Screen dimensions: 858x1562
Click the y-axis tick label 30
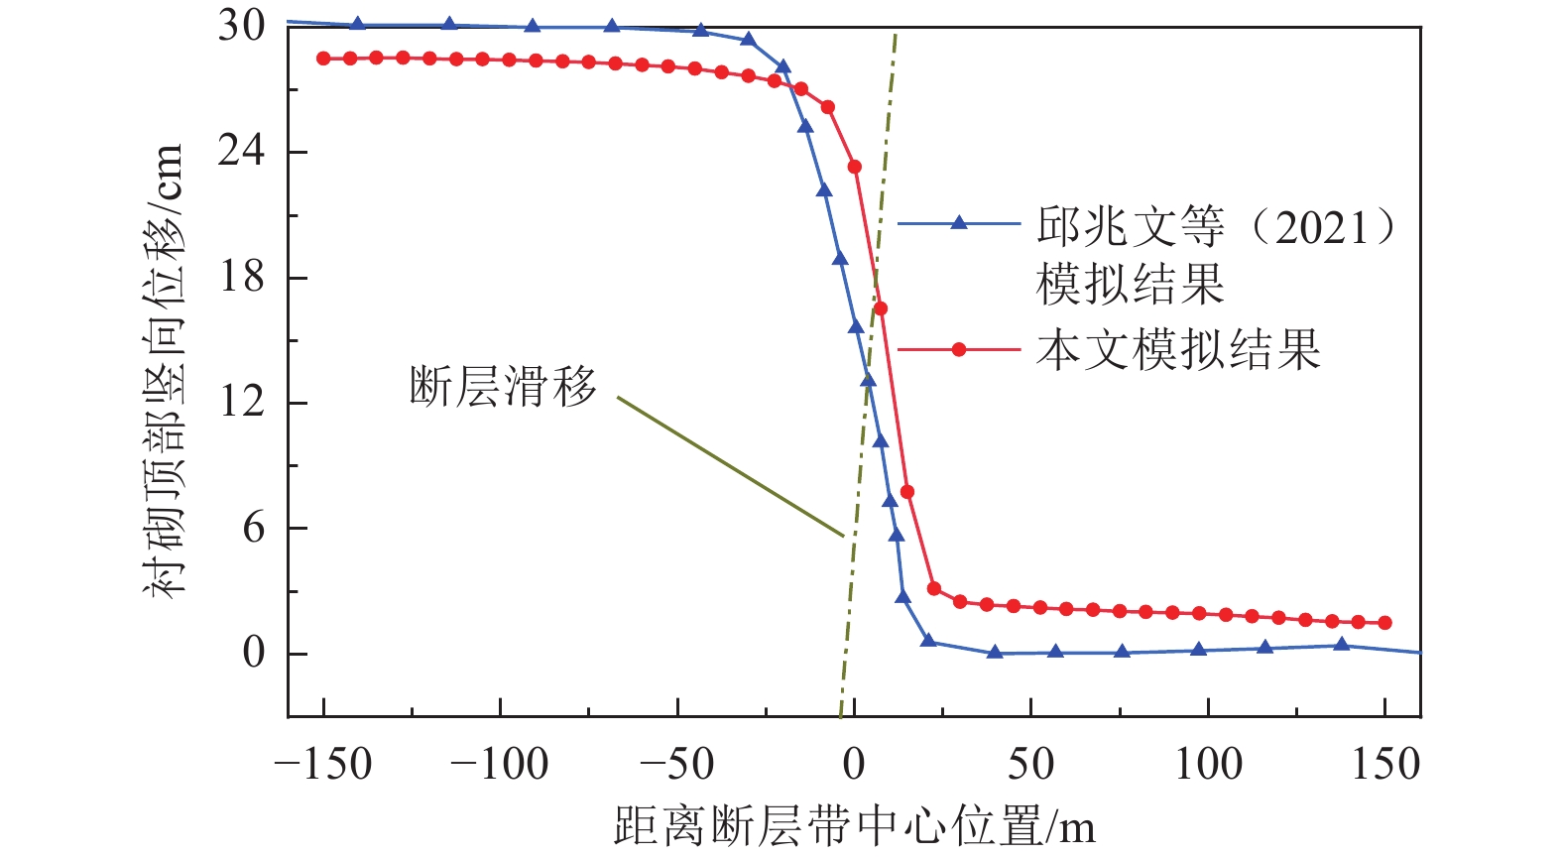tap(242, 26)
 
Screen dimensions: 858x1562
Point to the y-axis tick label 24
tap(242, 151)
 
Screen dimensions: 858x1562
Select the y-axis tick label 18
tap(242, 277)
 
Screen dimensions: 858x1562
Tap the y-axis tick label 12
tap(242, 402)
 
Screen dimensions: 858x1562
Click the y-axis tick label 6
tap(254, 528)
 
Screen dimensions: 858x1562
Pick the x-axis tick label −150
tap(322, 765)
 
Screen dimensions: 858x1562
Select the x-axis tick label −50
tap(676, 765)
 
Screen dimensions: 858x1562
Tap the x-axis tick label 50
tap(1031, 765)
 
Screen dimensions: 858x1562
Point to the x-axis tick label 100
tap(1208, 765)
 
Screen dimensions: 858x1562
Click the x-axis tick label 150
tap(1385, 765)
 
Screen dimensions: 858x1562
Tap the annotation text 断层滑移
tap(504, 386)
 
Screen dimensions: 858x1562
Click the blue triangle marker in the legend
tap(959, 224)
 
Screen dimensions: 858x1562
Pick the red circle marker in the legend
tap(959, 349)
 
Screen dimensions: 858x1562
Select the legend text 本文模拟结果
tap(1178, 349)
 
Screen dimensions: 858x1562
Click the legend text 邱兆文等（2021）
tap(1216, 227)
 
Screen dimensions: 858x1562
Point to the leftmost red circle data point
tap(323, 59)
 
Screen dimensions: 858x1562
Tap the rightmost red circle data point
tap(1385, 623)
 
